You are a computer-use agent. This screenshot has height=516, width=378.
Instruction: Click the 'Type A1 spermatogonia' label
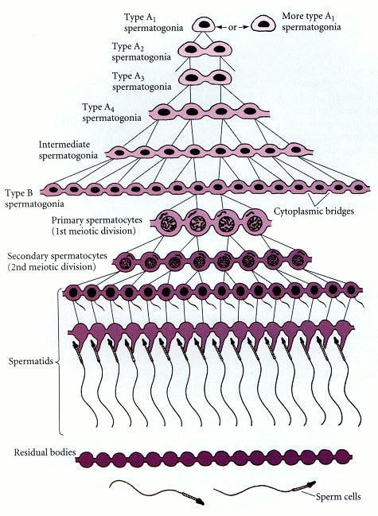(x=154, y=22)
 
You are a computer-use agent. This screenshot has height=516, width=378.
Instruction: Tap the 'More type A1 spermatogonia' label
(x=311, y=21)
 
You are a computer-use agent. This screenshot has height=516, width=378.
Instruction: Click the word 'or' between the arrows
(x=232, y=27)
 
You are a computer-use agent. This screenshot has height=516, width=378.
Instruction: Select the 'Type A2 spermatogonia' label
(x=142, y=52)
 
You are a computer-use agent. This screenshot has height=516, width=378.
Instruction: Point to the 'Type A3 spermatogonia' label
(x=142, y=81)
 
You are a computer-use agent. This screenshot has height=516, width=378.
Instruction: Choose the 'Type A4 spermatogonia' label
(x=111, y=112)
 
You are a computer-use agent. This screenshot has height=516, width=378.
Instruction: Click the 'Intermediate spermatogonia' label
(x=68, y=149)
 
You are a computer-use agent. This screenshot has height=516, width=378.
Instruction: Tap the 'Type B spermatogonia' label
(x=34, y=199)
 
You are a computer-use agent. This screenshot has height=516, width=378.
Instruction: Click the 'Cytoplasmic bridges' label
(x=314, y=211)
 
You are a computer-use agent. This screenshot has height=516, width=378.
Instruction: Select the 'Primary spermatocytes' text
(x=97, y=219)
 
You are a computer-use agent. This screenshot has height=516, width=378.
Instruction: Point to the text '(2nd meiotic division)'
(x=52, y=266)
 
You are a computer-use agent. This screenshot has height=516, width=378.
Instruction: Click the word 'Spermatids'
(x=30, y=361)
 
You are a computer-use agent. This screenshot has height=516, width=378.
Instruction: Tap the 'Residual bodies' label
(x=45, y=452)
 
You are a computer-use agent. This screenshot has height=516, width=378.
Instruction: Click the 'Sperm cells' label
(x=338, y=496)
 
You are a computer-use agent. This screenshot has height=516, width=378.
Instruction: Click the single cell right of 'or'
(x=263, y=25)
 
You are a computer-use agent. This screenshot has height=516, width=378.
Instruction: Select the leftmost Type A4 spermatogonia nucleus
(x=164, y=112)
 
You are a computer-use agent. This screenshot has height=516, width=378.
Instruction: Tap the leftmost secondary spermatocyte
(x=125, y=262)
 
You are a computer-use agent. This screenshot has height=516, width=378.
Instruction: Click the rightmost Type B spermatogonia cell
(x=358, y=188)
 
